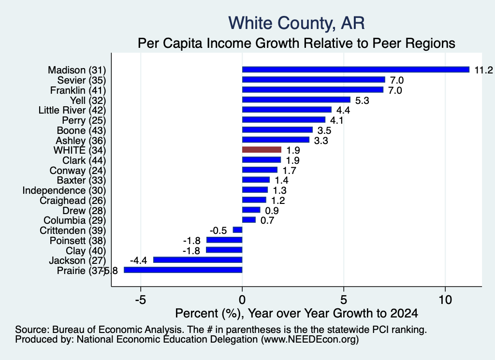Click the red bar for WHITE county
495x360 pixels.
point(262,150)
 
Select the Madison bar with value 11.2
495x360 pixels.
point(356,70)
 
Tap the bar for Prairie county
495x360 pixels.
point(183,270)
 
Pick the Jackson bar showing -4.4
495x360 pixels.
point(198,260)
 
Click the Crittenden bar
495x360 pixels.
point(237,230)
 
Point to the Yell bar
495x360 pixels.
point(296,100)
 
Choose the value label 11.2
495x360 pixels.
point(483,70)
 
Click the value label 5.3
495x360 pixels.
point(362,101)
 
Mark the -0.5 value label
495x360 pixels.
point(218,230)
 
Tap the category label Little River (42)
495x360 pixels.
point(73,110)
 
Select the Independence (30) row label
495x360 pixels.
point(64,190)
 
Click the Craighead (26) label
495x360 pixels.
point(73,201)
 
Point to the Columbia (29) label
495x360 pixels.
point(75,220)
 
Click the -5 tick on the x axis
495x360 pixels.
point(141,300)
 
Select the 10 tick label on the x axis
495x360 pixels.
point(445,300)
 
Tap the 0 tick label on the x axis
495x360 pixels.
point(242,300)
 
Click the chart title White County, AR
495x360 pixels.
point(296,23)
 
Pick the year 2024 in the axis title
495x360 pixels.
point(404,313)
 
